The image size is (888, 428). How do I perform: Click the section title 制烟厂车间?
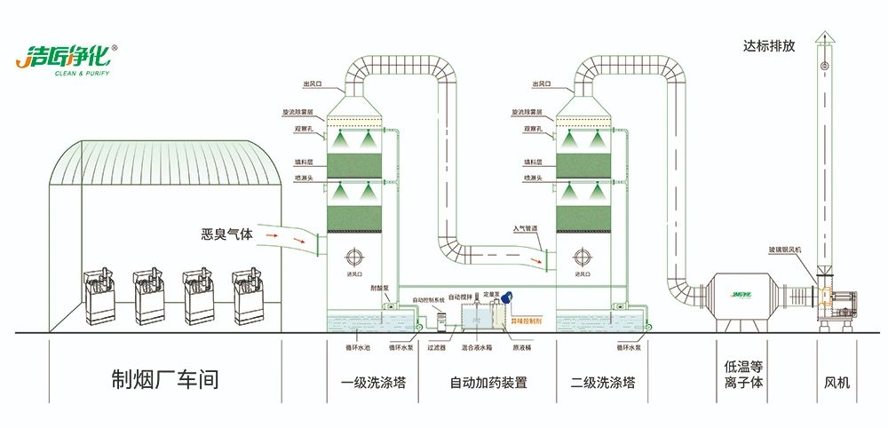point(164,381)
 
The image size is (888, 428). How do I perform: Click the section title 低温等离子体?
point(744,376)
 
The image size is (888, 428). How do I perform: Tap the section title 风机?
point(836,383)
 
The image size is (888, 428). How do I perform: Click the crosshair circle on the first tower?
point(355,258)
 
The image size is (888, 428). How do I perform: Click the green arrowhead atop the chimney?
point(824,36)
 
